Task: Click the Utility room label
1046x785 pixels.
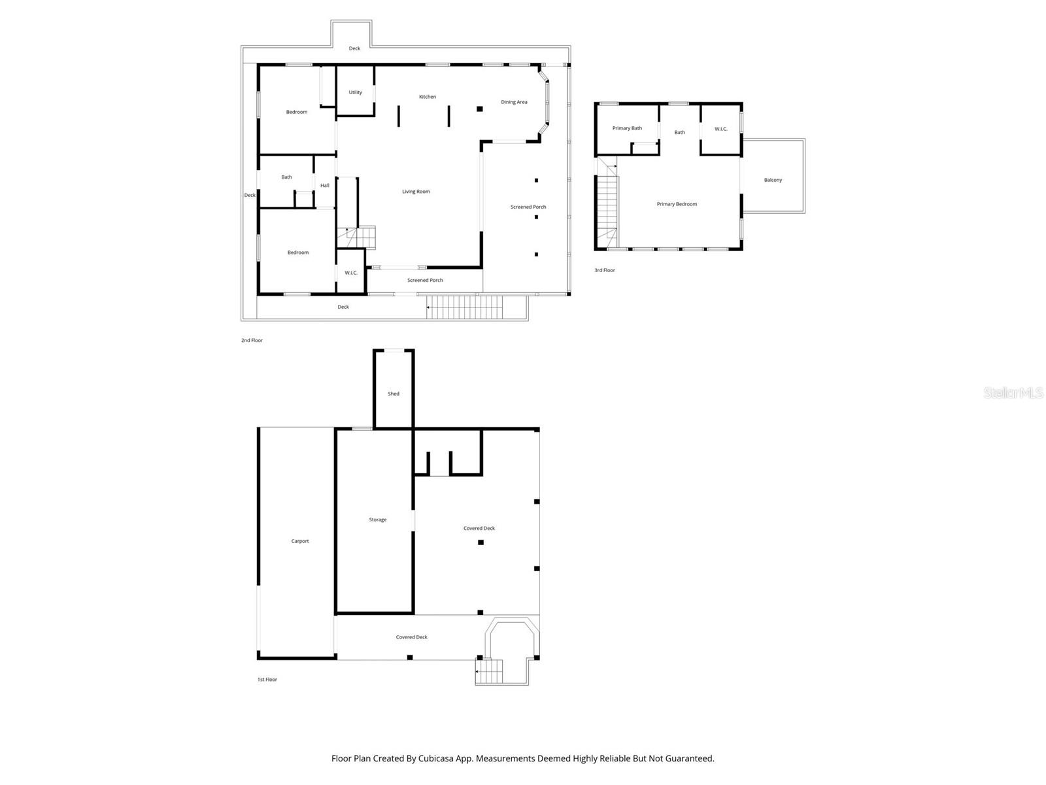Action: (355, 92)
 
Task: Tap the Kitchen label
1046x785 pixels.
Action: (428, 97)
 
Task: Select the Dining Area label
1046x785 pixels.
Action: (514, 102)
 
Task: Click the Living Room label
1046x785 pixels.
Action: (416, 192)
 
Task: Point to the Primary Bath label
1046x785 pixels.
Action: (627, 128)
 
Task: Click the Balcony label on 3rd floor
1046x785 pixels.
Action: (773, 180)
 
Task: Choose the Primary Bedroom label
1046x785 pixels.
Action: (677, 204)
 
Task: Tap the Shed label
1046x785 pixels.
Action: (394, 394)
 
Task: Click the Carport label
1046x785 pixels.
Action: (300, 541)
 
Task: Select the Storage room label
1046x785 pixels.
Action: (378, 519)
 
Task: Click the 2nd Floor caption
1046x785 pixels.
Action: (252, 340)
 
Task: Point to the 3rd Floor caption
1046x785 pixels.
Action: (604, 270)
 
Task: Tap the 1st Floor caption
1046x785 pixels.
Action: (267, 680)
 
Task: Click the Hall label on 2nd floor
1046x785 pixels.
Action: (325, 185)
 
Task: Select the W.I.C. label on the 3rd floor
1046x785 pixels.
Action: (720, 129)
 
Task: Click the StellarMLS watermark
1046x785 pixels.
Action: (1013, 393)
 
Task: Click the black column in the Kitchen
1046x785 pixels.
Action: (479, 109)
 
